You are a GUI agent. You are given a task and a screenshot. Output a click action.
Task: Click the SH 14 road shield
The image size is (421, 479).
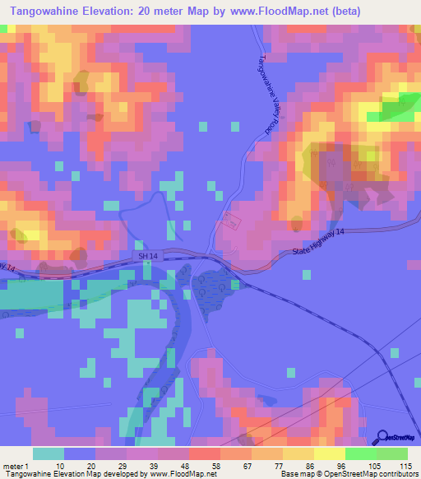click(146, 257)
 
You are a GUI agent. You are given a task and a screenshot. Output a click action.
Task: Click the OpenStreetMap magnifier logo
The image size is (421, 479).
click(384, 439)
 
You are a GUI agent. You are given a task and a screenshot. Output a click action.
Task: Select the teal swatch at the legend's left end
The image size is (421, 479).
click(48, 453)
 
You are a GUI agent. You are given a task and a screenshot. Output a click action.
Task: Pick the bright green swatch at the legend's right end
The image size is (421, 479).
click(391, 453)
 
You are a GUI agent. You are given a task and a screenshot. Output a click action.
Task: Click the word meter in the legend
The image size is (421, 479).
click(12, 465)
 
